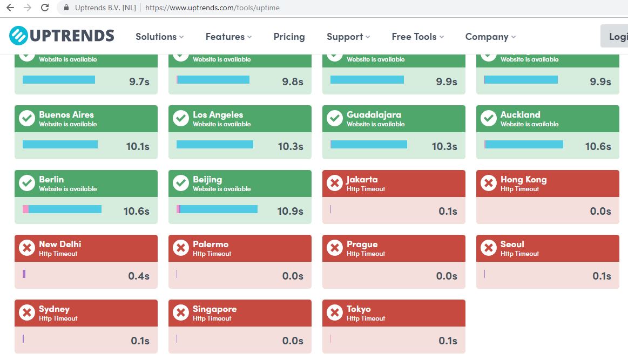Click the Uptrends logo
pos(62,36)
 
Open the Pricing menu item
pos(289,37)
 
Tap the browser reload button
pos(45,8)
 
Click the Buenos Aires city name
pos(66,114)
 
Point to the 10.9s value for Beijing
pos(290,211)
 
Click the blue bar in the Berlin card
pos(64,209)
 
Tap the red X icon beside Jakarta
pos(335,183)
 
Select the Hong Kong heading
pos(523,179)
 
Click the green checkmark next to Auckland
pos(489,118)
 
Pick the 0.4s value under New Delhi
pos(139,276)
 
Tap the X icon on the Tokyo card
pos(335,313)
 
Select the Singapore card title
pos(214,309)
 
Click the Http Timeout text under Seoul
pos(519,254)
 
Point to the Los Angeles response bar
pos(214,144)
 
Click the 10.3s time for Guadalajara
pos(444,146)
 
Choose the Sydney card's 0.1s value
pos(140,341)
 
